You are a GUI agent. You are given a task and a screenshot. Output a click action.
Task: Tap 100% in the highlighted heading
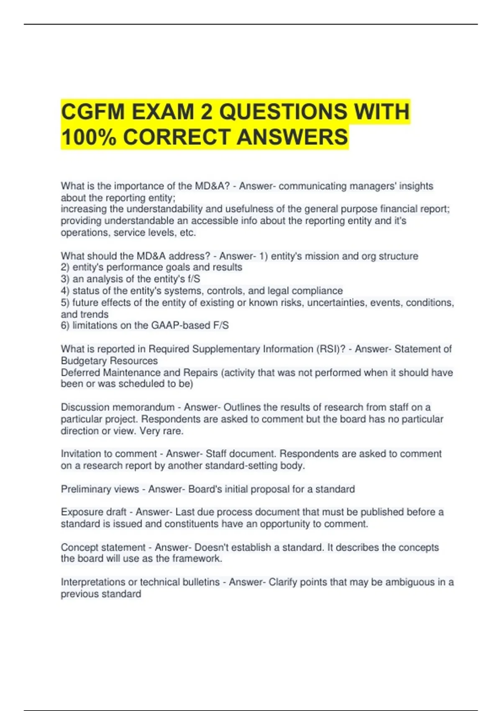(88, 137)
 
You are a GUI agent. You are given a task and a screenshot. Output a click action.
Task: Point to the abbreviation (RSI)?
(330, 349)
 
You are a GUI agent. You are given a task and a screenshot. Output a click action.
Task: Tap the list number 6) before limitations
(65, 325)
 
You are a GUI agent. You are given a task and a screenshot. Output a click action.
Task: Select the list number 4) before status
(65, 291)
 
